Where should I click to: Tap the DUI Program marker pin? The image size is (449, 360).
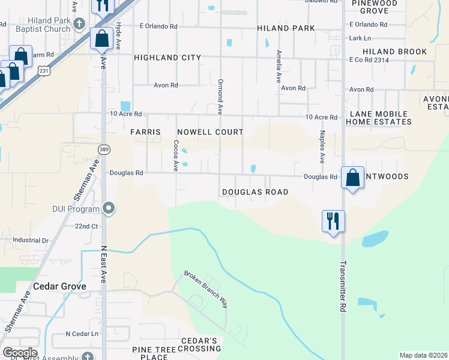[109, 208]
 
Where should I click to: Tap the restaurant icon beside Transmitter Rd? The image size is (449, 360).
[333, 220]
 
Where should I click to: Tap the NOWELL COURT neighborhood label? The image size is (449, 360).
[210, 132]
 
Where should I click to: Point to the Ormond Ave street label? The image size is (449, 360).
[220, 96]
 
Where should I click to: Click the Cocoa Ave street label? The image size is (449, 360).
[176, 155]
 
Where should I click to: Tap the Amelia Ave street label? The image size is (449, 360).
[279, 66]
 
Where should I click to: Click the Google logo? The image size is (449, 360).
[20, 353]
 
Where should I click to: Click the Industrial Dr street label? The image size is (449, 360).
[31, 240]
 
